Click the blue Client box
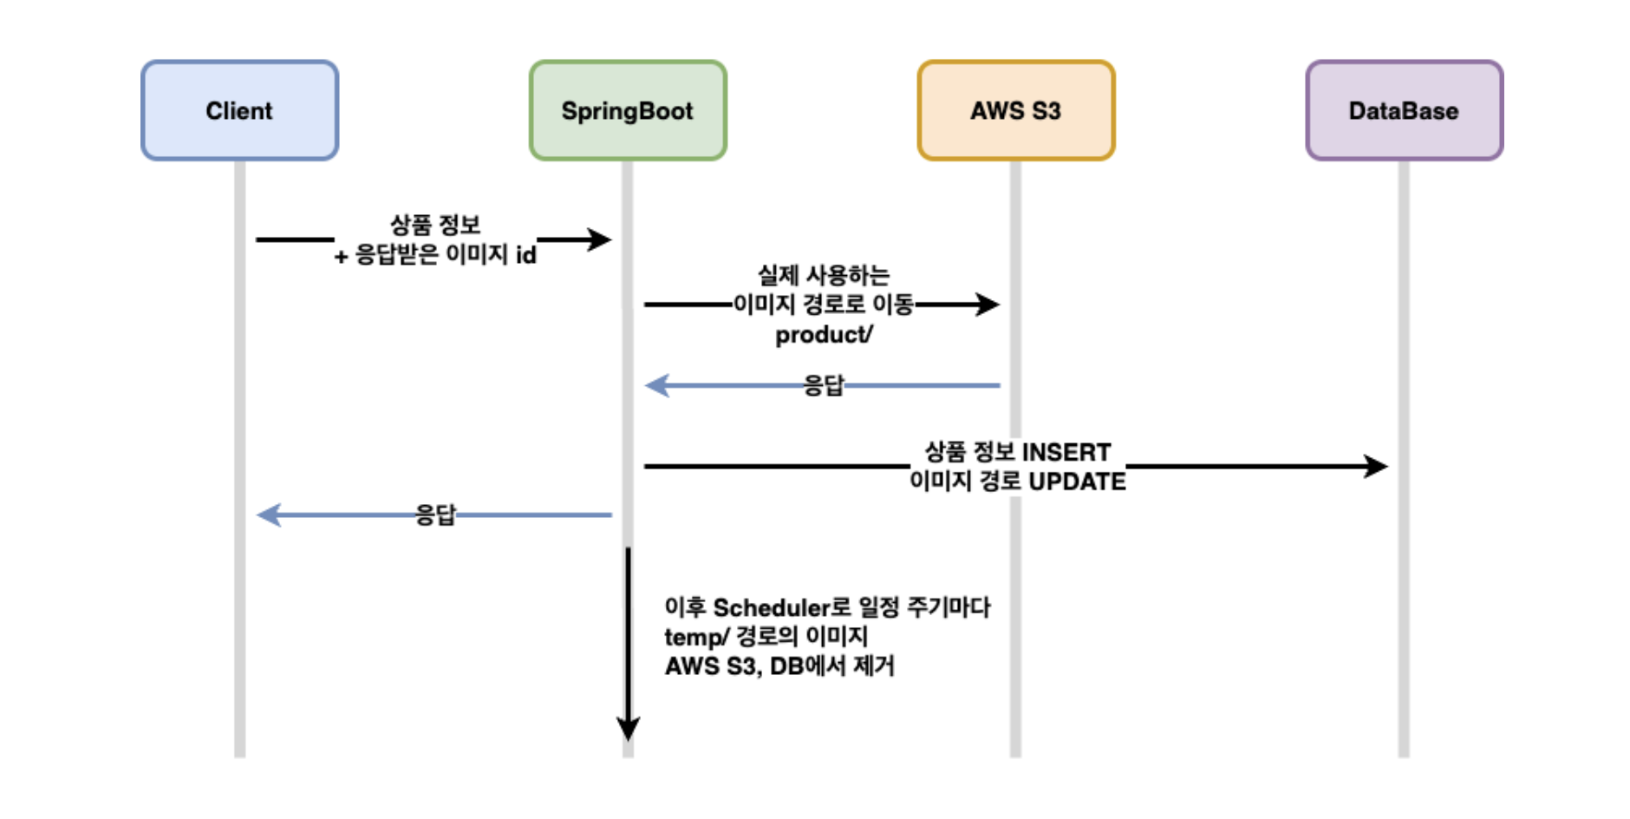click(x=239, y=110)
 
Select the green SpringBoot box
click(x=628, y=110)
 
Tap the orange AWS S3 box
click(x=1015, y=110)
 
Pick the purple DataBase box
click(x=1404, y=110)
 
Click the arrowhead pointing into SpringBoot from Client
click(x=600, y=239)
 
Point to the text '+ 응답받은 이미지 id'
click(x=435, y=255)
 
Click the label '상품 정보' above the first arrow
click(x=435, y=225)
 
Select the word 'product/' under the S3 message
click(x=824, y=335)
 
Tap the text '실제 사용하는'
click(x=824, y=275)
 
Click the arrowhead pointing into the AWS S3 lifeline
click(x=988, y=305)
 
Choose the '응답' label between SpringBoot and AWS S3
click(x=824, y=385)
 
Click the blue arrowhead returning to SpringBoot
click(x=657, y=385)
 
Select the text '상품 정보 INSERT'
click(x=1017, y=452)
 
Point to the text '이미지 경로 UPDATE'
click(x=1017, y=482)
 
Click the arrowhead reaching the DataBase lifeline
click(x=1376, y=467)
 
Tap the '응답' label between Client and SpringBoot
click(x=435, y=515)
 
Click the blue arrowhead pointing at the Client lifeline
click(x=269, y=515)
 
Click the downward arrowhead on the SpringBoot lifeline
click(x=628, y=728)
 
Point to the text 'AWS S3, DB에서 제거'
click(x=779, y=666)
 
